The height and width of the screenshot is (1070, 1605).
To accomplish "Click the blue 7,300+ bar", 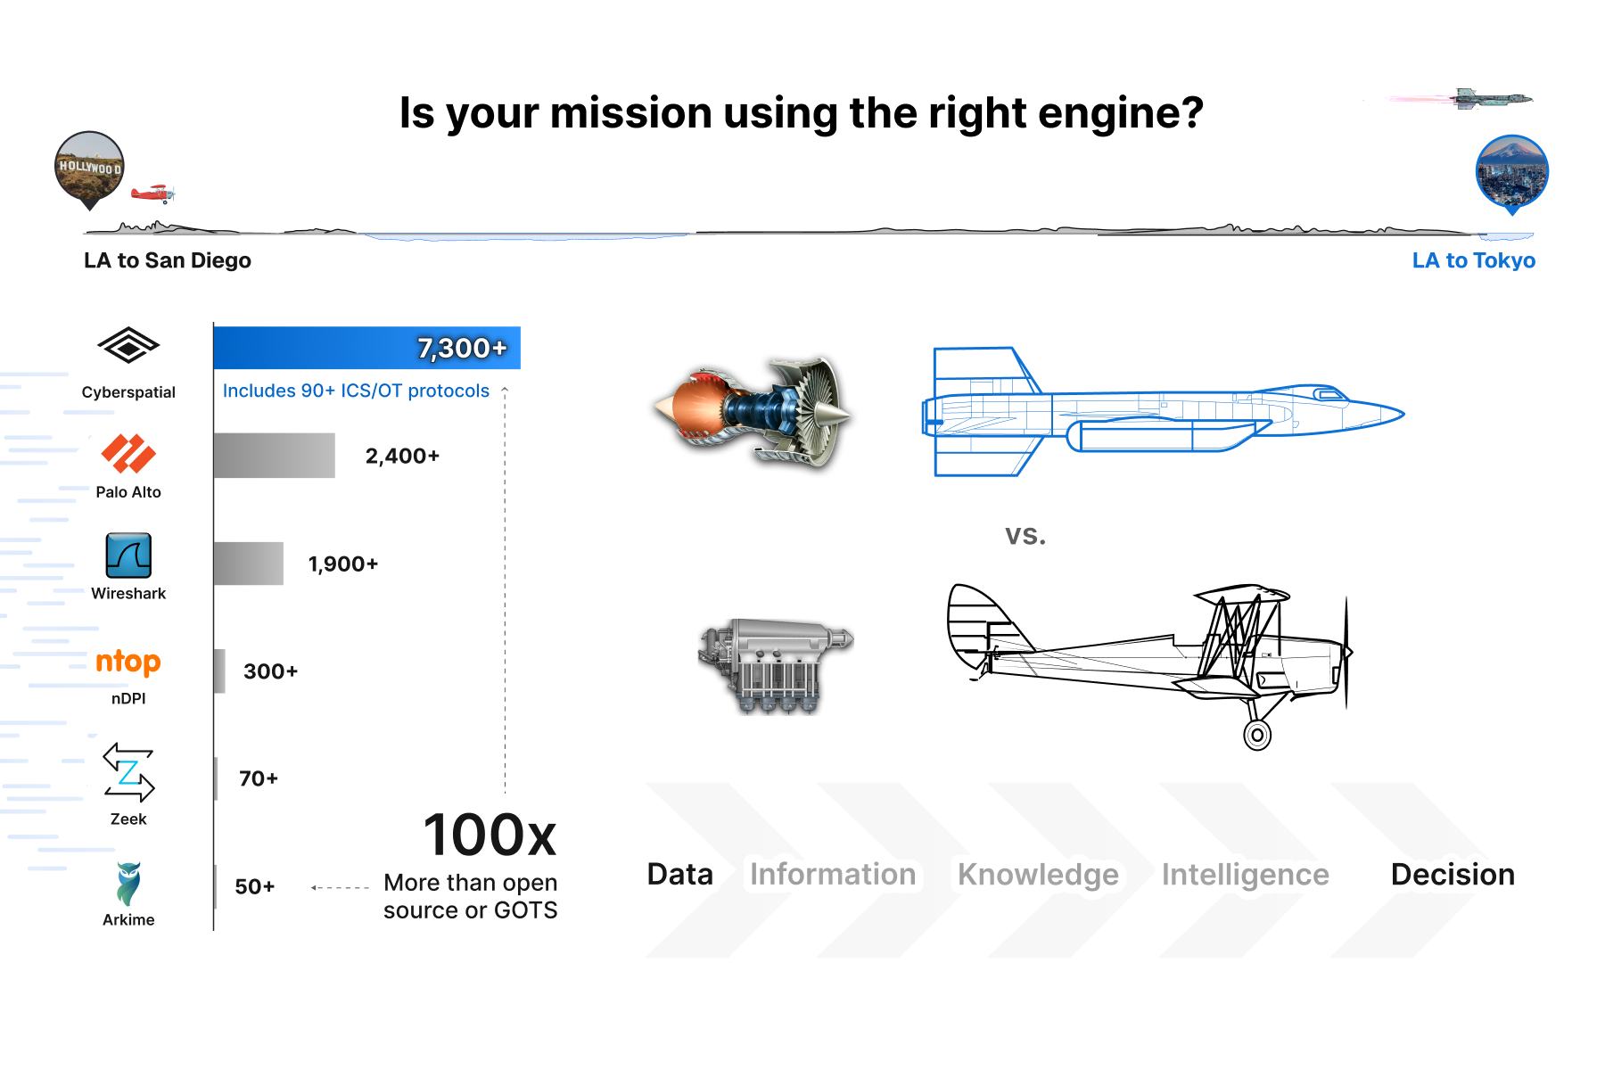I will click(x=366, y=348).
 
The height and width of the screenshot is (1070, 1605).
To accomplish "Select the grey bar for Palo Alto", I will click(x=274, y=456).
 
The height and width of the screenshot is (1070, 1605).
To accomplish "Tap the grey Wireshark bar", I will click(x=248, y=564).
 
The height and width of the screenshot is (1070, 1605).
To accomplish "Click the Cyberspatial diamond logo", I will click(x=128, y=346).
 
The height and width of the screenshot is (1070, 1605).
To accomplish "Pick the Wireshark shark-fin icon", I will click(x=128, y=556).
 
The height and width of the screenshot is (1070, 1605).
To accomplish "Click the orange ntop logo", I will click(x=128, y=662).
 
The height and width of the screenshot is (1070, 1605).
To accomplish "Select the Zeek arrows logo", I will click(x=128, y=772).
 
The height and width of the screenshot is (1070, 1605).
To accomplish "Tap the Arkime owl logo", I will click(x=128, y=883).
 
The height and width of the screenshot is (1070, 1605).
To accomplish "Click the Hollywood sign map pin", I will click(x=89, y=168).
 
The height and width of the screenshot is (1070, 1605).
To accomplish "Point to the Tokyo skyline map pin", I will click(x=1511, y=172).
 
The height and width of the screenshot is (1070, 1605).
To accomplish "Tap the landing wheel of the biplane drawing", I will click(x=1257, y=735).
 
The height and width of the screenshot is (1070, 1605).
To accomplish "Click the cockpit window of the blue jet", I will click(x=1331, y=394).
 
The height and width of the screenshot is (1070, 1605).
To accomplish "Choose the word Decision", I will click(x=1453, y=875).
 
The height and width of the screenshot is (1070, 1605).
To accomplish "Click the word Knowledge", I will click(x=1038, y=875).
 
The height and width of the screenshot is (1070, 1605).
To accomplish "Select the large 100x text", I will click(x=490, y=835).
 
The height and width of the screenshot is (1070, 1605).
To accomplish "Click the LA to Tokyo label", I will click(x=1473, y=260).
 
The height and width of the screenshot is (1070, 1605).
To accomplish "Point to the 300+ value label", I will click(x=270, y=671).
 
